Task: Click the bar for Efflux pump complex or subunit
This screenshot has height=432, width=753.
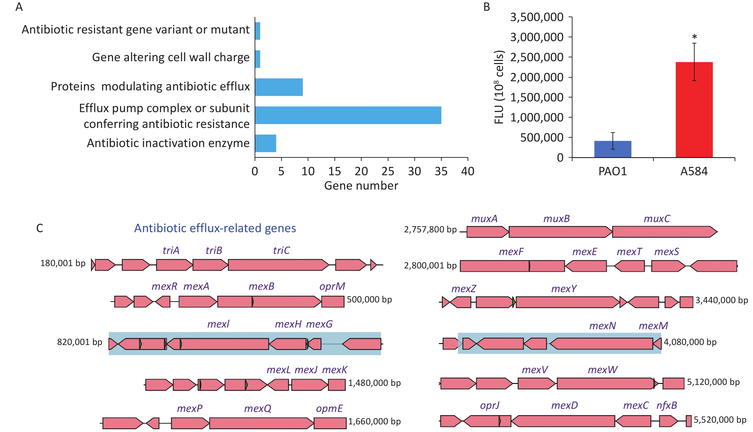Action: click(348, 115)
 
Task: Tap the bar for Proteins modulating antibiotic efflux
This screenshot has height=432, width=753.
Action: click(279, 87)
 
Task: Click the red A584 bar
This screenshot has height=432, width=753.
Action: click(694, 110)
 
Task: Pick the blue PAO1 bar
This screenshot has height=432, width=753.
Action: click(613, 149)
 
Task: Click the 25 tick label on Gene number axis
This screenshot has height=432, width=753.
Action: click(388, 171)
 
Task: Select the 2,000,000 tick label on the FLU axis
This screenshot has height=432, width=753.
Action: click(536, 77)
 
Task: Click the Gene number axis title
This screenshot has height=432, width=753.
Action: click(361, 186)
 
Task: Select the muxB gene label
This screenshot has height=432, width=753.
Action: click(556, 219)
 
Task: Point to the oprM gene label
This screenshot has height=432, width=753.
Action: click(332, 287)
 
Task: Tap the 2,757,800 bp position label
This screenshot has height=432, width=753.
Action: click(430, 230)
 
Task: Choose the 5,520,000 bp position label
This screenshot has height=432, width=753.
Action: click(720, 420)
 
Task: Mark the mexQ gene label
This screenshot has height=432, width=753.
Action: click(257, 409)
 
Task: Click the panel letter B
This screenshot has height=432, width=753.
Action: click(487, 7)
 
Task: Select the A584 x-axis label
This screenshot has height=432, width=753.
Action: click(694, 171)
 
